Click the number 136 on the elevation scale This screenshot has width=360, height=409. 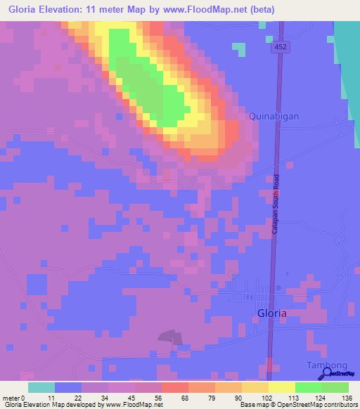click(x=348, y=398)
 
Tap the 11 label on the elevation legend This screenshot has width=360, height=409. click(x=51, y=398)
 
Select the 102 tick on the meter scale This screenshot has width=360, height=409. click(x=268, y=398)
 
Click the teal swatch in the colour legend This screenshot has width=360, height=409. click(x=41, y=387)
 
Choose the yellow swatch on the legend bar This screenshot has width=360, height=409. click(x=281, y=387)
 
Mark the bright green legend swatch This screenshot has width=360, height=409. click(x=308, y=387)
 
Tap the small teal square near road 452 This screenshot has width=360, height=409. click(x=240, y=49)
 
